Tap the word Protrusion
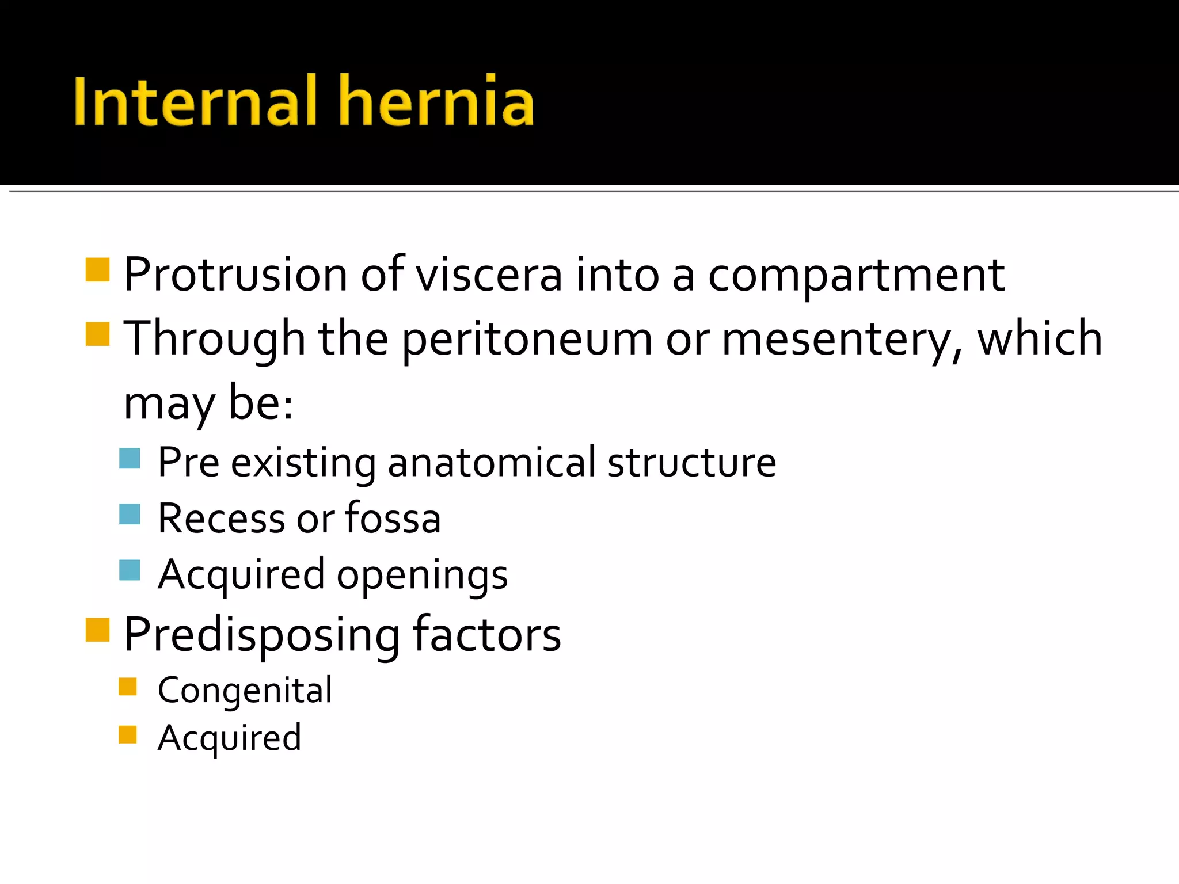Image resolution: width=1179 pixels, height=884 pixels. (x=235, y=275)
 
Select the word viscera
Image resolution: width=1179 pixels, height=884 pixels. (x=489, y=275)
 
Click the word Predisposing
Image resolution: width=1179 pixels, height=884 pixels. (x=261, y=636)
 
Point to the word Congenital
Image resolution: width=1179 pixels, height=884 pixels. (x=245, y=691)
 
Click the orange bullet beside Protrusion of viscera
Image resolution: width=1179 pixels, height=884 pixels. (x=97, y=270)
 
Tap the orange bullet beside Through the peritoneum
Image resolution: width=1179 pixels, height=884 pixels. (x=97, y=334)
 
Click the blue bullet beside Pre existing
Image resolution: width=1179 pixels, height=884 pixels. (x=130, y=459)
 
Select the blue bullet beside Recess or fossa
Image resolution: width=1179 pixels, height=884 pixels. (x=130, y=514)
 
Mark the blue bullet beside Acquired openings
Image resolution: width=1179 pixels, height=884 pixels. (x=130, y=570)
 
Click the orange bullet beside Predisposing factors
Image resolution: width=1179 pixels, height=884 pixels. (x=97, y=630)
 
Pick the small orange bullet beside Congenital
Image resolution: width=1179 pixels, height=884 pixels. (x=127, y=687)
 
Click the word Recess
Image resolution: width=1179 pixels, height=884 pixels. (x=220, y=518)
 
